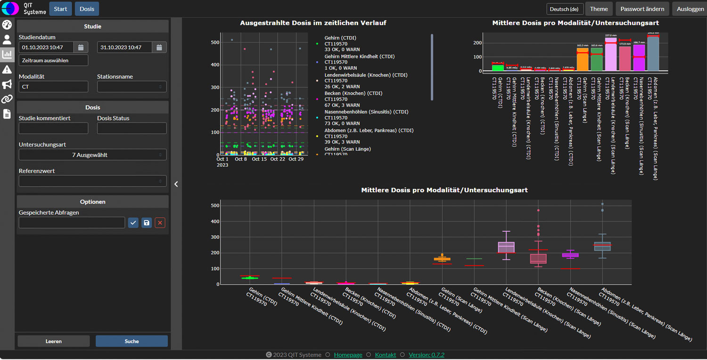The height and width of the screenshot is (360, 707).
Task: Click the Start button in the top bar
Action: coord(60,9)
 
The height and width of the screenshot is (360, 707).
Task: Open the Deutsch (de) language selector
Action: coord(565,9)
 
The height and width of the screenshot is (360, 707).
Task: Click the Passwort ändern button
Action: coord(642,9)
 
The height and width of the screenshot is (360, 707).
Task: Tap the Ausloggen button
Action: coord(690,9)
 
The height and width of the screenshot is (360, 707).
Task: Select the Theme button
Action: coord(599,9)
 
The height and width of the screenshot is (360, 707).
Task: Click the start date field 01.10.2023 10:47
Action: coord(46,47)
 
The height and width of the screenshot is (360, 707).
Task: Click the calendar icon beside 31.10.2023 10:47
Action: coord(159,47)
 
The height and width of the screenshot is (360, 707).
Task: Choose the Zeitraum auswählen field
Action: coord(53,60)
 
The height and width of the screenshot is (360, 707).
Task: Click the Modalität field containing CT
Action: coord(53,87)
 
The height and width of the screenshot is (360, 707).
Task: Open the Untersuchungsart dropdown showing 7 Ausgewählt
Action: coord(92,155)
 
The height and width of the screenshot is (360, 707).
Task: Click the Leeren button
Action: coord(53,341)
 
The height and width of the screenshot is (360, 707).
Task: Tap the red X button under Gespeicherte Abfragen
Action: coord(160,222)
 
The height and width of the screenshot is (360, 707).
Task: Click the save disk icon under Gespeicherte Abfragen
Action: coord(147,222)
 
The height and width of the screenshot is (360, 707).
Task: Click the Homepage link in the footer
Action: coord(348,355)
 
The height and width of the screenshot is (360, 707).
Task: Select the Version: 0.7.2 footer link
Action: coord(426,355)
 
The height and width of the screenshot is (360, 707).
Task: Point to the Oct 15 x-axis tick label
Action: coord(259,159)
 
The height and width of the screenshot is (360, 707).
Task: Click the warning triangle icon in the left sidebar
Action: coord(7,70)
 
